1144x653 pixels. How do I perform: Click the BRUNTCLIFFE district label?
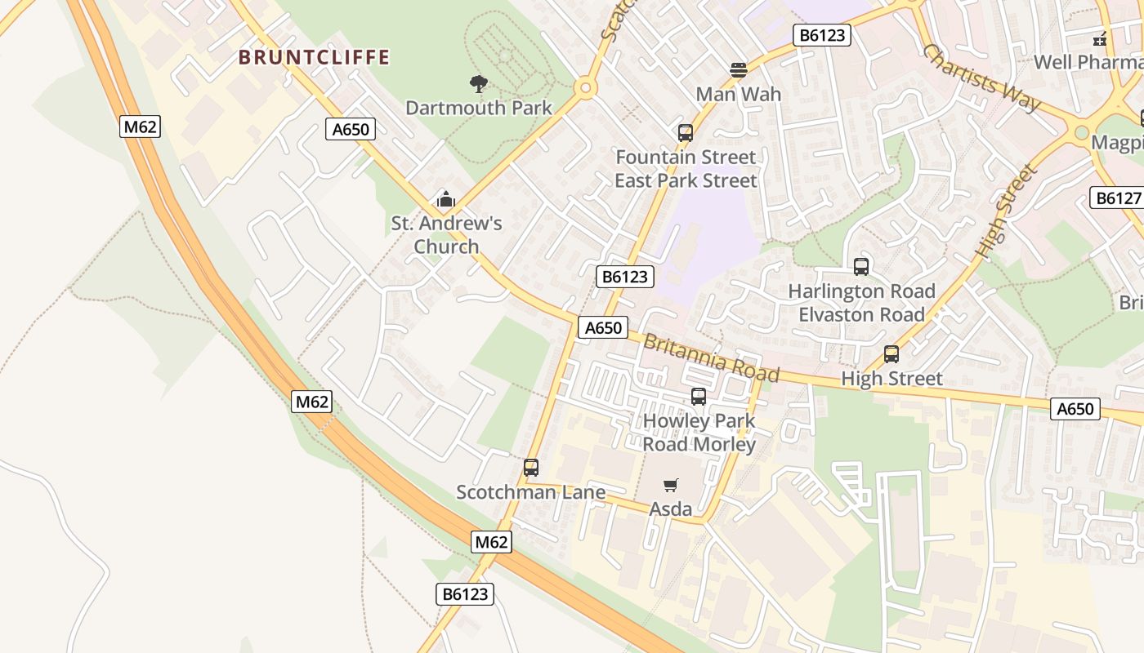pos(315,57)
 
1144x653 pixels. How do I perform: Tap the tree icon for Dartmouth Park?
pos(479,83)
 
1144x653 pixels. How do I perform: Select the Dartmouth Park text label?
pos(479,108)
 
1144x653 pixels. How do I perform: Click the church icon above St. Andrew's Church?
pos(445,199)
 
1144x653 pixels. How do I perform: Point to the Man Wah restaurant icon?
pos(738,70)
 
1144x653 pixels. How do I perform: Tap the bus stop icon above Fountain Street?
pos(686,133)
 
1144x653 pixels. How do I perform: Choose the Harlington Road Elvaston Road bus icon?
pos(861,267)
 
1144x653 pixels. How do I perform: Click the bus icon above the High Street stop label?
pos(892,355)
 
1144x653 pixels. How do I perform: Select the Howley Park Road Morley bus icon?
pos(699,398)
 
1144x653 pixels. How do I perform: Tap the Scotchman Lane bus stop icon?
pos(531,469)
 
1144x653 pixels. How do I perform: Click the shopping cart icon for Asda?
pos(671,486)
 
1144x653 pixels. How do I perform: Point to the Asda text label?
pos(671,509)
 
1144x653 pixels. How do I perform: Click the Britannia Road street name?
pos(711,358)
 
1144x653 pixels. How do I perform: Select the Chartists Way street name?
pos(981,78)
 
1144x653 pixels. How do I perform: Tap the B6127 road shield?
pos(1118,198)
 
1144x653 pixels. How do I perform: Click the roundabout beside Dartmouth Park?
pos(584,87)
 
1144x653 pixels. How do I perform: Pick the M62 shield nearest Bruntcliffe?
pos(140,127)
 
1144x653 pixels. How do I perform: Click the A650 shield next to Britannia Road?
pos(604,327)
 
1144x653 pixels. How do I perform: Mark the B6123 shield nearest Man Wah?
pos(822,35)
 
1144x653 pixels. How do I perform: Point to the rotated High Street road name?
pos(1006,212)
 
